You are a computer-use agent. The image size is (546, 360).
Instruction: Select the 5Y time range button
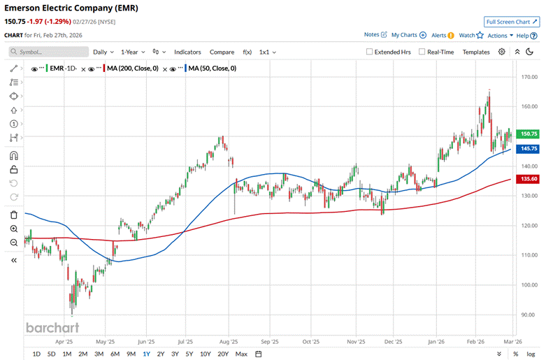click(x=189, y=354)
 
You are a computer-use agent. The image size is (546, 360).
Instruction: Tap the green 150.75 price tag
click(x=529, y=134)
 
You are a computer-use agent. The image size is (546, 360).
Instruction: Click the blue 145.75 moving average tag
click(x=529, y=149)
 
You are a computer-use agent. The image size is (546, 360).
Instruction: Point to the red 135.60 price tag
click(x=529, y=179)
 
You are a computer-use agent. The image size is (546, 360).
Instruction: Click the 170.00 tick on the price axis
click(x=529, y=78)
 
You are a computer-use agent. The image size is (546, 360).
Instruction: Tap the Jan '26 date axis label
click(x=437, y=342)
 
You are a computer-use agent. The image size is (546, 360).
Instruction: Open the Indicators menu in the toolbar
click(x=187, y=52)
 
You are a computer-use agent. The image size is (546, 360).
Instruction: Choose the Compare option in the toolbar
click(x=222, y=52)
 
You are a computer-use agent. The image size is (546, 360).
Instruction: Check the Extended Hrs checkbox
click(x=370, y=52)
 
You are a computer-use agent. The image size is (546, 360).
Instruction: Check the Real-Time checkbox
click(x=422, y=52)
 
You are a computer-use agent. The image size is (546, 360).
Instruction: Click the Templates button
click(x=476, y=52)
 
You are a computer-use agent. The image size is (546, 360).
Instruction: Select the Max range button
click(x=241, y=354)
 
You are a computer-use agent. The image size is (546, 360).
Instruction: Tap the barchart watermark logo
click(x=52, y=327)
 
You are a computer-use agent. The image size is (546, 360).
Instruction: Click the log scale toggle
click(x=531, y=354)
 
